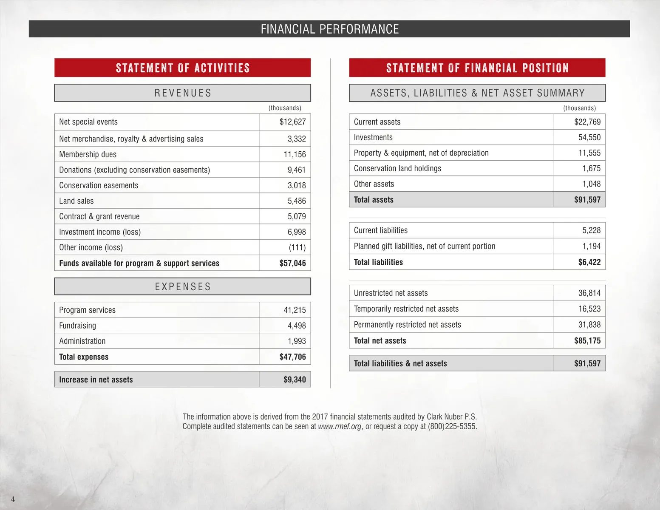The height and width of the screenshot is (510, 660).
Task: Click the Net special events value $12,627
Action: pyautogui.click(x=292, y=122)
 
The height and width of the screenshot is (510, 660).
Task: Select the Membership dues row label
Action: pyautogui.click(x=88, y=154)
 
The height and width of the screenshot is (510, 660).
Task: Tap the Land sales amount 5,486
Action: pyautogui.click(x=297, y=201)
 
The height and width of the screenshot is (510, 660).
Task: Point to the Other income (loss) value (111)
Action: pyautogui.click(x=297, y=247)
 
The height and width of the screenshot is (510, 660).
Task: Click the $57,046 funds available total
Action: pyautogui.click(x=292, y=263)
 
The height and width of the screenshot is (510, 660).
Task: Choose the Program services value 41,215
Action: pyautogui.click(x=295, y=310)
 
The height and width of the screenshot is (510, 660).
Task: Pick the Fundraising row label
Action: pyautogui.click(x=78, y=326)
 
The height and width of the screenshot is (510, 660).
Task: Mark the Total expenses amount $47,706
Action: pyautogui.click(x=292, y=357)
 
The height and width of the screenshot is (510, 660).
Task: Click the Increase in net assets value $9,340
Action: pyautogui.click(x=295, y=380)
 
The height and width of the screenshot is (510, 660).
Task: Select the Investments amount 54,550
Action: pyautogui.click(x=589, y=137)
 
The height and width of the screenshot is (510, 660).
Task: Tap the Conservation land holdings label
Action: pyautogui.click(x=397, y=168)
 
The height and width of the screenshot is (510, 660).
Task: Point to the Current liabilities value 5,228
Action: pyautogui.click(x=591, y=230)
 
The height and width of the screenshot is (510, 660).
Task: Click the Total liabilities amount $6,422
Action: pyautogui.click(x=589, y=262)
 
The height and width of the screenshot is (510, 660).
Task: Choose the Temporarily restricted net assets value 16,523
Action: pyautogui.click(x=589, y=309)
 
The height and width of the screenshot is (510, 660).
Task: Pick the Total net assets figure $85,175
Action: pyautogui.click(x=587, y=341)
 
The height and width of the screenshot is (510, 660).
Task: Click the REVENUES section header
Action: pyautogui.click(x=183, y=93)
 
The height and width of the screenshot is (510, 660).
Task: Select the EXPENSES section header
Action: pyautogui.click(x=183, y=287)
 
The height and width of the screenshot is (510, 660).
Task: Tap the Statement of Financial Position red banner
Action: pyautogui.click(x=477, y=68)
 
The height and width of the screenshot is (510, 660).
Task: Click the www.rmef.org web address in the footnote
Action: pyautogui.click(x=340, y=426)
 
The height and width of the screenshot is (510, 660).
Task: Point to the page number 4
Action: pyautogui.click(x=13, y=499)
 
